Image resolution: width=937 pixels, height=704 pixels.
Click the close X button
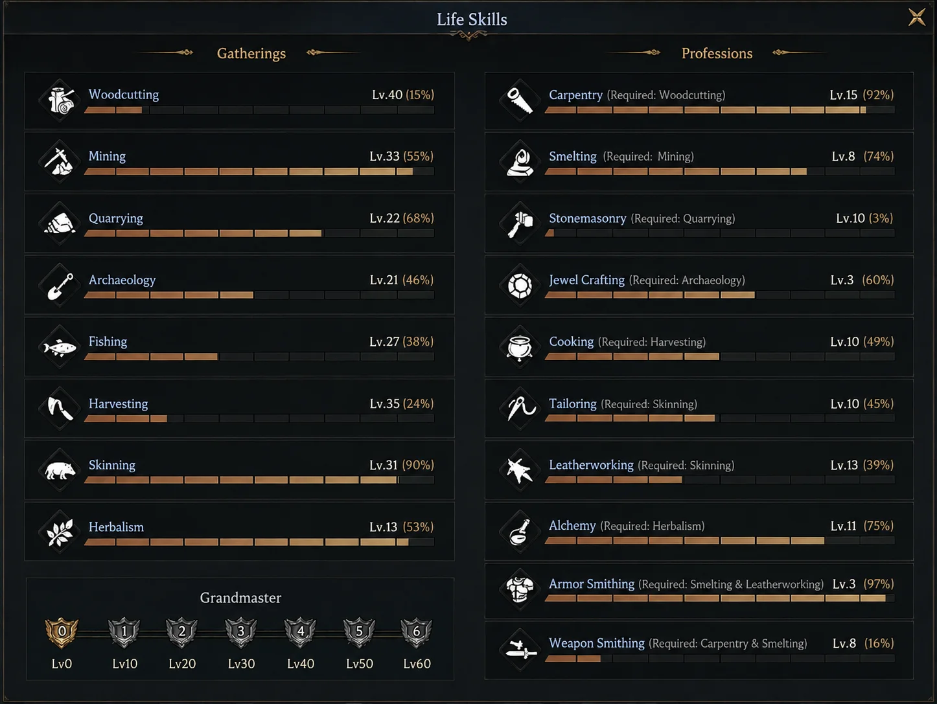click(916, 17)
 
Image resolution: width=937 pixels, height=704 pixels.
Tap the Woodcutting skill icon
click(60, 100)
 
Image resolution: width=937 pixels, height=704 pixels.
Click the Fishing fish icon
click(60, 347)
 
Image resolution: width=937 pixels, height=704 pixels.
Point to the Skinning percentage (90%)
click(418, 464)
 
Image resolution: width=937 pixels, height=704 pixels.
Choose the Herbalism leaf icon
click(60, 532)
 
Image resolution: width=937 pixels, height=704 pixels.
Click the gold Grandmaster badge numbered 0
click(62, 632)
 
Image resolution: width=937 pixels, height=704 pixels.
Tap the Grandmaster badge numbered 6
click(416, 632)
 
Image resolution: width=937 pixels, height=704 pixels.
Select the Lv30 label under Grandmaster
click(241, 663)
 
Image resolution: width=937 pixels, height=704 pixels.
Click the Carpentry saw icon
click(520, 100)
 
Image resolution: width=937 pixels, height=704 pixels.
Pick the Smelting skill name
click(572, 156)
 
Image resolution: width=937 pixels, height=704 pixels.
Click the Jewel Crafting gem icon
click(520, 286)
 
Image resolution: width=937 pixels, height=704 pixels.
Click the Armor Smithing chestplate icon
click(520, 589)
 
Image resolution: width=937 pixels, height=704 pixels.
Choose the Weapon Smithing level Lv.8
click(844, 643)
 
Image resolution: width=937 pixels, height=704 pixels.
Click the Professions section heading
click(717, 53)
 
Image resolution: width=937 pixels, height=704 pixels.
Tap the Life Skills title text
click(472, 19)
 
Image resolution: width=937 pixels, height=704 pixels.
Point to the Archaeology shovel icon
click(60, 286)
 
